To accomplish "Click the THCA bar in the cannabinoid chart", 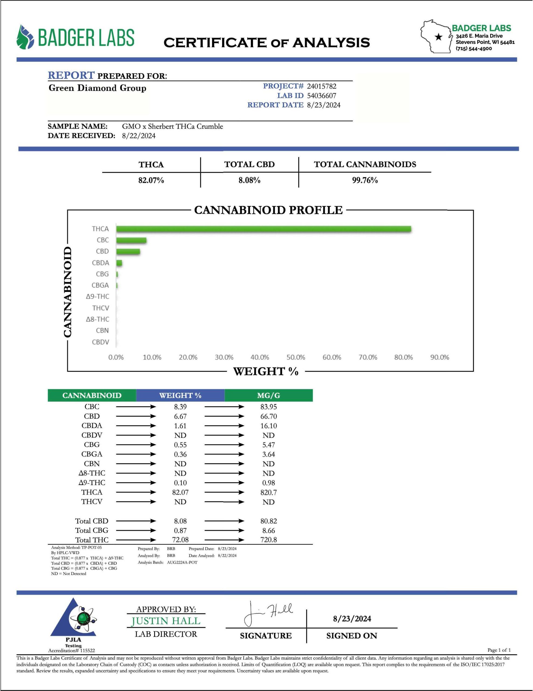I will [x=264, y=229].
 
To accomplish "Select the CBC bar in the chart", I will [x=131, y=240].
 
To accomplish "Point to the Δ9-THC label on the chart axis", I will [x=98, y=296].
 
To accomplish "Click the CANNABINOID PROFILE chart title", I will [x=268, y=210].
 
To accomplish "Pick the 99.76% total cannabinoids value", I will [x=365, y=180].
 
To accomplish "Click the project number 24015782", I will [x=322, y=86].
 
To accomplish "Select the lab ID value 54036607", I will [x=322, y=96].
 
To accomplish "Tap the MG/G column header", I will [x=269, y=395].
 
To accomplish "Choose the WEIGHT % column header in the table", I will [x=180, y=395].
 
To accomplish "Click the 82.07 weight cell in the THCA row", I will [x=180, y=492].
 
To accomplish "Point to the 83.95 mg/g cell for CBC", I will [x=269, y=407].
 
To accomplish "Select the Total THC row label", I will [x=92, y=540].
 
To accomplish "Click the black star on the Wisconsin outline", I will [x=438, y=37].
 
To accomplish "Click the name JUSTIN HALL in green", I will [x=166, y=621].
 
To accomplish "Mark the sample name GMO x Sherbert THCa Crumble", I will [x=172, y=126].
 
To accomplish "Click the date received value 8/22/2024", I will [x=139, y=136].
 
